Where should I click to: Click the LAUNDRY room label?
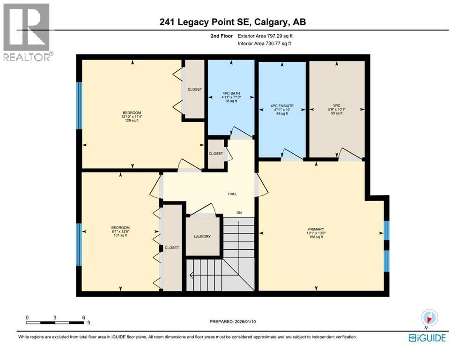point(203,237)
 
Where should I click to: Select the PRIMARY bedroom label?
point(316,229)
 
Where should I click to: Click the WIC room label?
point(336,105)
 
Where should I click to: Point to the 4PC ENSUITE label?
point(282,106)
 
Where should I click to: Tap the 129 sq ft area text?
point(132,121)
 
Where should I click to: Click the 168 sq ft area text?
point(316,237)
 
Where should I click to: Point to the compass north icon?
point(429,317)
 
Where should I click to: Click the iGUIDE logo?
point(427,337)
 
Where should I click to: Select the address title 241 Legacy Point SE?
point(232,22)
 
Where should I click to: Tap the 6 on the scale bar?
point(83,317)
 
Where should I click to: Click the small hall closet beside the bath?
point(216,154)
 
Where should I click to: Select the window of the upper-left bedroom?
point(79,105)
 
